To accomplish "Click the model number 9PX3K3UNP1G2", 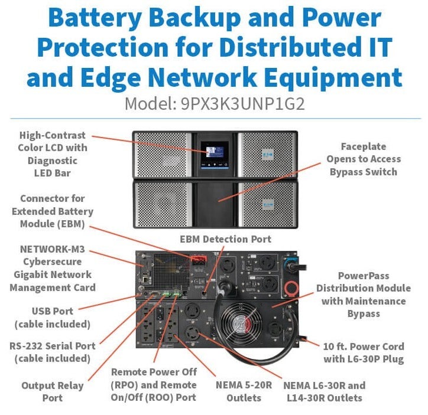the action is click(242, 104).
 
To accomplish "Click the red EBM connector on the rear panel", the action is click(199, 260).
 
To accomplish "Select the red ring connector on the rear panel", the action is click(291, 288).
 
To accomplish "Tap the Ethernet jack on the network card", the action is click(145, 279).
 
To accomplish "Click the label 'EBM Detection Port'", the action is click(225, 239).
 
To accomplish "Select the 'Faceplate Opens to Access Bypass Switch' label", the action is click(364, 159).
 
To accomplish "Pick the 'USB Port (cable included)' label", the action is click(53, 318).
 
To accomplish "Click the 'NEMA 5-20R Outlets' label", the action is click(244, 391).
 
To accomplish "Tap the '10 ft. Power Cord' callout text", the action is click(364, 347).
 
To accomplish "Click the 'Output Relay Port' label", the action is click(53, 392).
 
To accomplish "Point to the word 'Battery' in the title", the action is click(95, 18).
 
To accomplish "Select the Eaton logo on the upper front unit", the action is click(267, 155).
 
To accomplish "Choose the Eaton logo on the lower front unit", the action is click(268, 205).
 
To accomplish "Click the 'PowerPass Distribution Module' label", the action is click(364, 282).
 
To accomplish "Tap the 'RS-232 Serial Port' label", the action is click(53, 346).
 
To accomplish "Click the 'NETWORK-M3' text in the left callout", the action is click(53, 249).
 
